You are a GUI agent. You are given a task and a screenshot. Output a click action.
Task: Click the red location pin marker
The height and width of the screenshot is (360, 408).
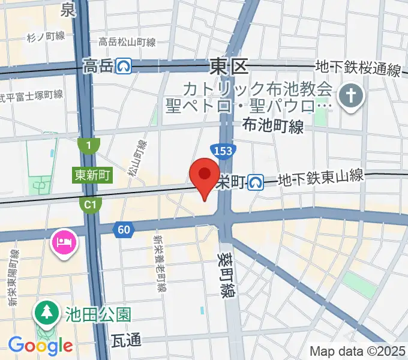tap(204, 175)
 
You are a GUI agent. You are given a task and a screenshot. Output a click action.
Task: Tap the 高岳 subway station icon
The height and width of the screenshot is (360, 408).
tap(125, 65)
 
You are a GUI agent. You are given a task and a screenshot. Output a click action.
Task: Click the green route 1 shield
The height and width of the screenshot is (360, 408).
tap(88, 145)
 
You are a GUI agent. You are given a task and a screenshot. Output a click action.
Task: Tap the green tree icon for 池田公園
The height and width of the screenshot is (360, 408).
tap(46, 311)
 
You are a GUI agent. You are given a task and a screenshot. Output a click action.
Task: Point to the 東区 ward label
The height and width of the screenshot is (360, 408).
tap(229, 66)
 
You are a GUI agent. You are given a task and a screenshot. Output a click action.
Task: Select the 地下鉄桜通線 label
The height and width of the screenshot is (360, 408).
tap(359, 70)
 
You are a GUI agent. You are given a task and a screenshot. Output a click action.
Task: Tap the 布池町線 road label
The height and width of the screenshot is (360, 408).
tap(273, 125)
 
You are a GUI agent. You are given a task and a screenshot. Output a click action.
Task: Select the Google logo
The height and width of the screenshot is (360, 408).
tap(40, 346)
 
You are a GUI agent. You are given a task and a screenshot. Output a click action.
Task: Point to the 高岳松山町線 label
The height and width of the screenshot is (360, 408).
tap(127, 42)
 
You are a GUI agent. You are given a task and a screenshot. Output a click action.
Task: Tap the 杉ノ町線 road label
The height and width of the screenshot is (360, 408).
tap(46, 37)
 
